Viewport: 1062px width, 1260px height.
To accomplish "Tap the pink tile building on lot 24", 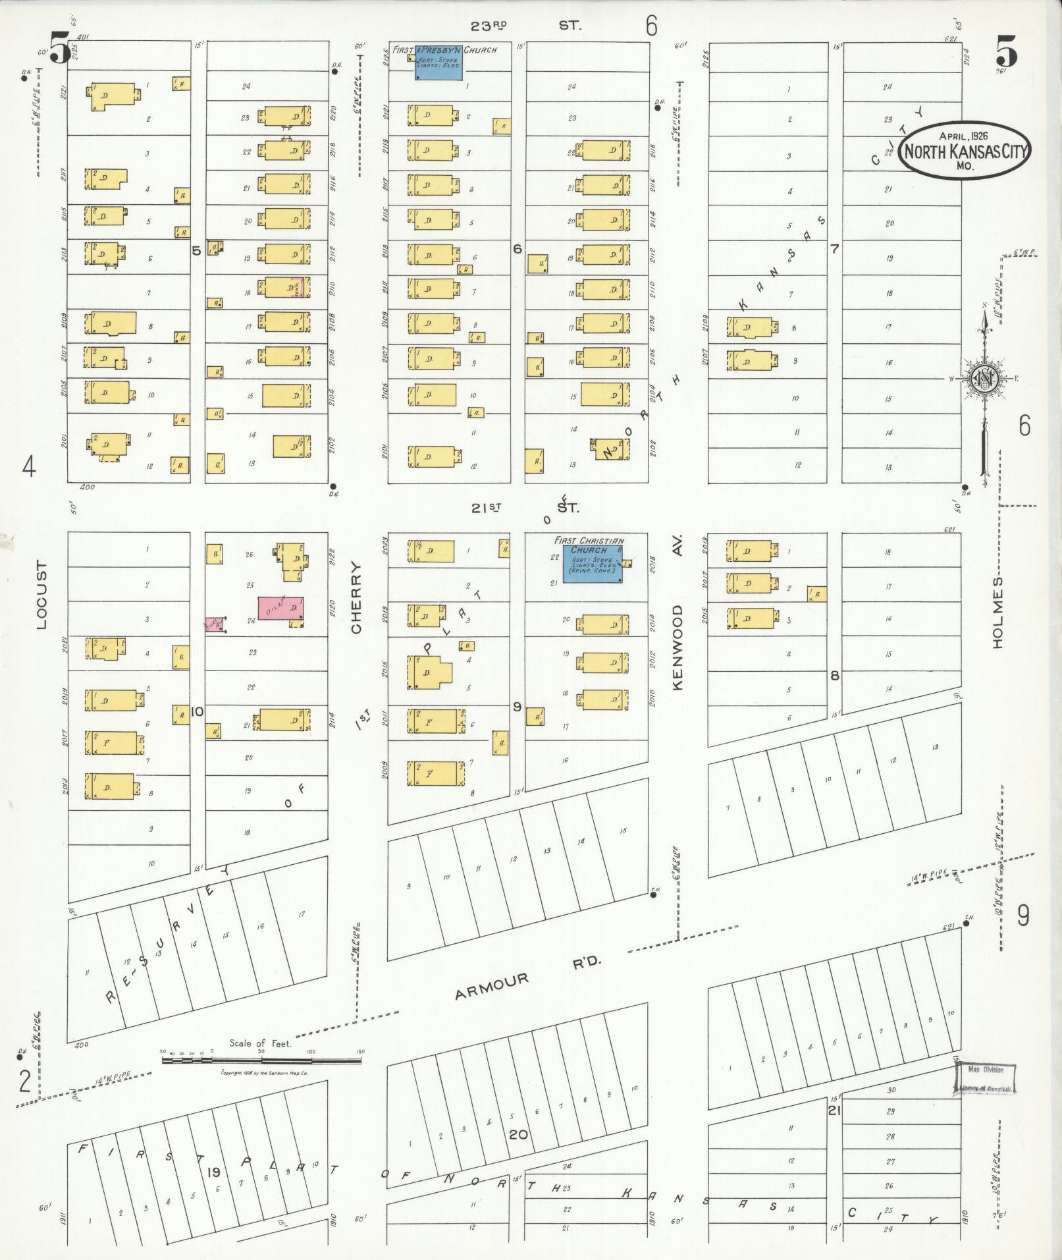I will point(281,609).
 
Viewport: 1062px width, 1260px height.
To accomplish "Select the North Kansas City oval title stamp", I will point(966,151).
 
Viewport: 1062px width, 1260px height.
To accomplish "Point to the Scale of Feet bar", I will point(261,1061).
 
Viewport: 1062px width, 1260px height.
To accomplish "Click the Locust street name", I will point(41,595).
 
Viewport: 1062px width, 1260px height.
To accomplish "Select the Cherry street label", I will point(357,597).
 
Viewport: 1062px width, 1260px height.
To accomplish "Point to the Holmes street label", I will point(997,611).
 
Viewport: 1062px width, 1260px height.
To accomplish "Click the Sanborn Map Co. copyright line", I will point(265,1072).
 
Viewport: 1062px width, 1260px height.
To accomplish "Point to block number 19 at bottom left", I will point(213,1172).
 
